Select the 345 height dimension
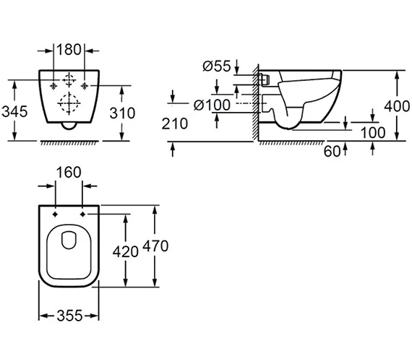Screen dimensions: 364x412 coord(14,113)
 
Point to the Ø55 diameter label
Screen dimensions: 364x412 coord(217,66)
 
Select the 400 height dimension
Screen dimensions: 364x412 coord(396,105)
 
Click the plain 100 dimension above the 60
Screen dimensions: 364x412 coord(373,133)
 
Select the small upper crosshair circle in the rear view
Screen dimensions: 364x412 coord(70,79)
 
